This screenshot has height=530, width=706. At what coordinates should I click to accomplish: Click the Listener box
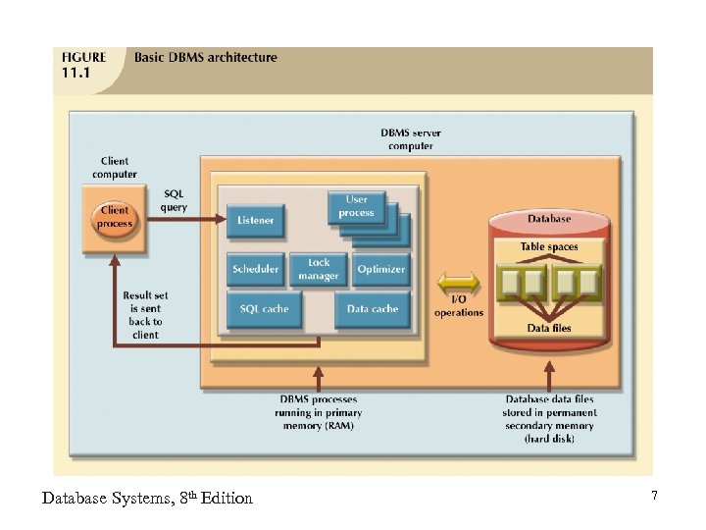tap(256, 220)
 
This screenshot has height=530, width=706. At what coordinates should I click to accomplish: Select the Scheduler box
tap(256, 269)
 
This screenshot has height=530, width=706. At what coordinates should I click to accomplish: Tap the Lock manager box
tap(319, 269)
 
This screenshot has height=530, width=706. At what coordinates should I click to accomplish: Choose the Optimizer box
tap(381, 269)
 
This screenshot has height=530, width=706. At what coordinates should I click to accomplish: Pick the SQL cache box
tap(264, 309)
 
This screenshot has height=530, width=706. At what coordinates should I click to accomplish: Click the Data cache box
tap(373, 309)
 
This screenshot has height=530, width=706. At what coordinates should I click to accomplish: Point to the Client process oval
tap(115, 217)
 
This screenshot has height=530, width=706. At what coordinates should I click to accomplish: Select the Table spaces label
tap(549, 247)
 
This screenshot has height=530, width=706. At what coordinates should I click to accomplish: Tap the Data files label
tap(549, 328)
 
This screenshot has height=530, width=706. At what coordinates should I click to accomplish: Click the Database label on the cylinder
tap(549, 218)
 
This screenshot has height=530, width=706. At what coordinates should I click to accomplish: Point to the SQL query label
tap(174, 200)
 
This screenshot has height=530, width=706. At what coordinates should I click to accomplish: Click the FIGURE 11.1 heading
tap(83, 64)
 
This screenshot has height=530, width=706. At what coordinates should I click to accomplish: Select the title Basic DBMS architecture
tap(206, 57)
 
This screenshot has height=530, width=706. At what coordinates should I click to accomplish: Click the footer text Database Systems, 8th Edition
tap(147, 499)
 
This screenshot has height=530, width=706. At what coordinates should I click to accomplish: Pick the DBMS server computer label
tap(410, 139)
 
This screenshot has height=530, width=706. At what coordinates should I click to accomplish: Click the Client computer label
tap(115, 168)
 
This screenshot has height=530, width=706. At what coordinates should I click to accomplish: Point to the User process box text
tap(357, 206)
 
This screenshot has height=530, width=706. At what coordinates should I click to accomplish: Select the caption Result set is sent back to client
tap(145, 315)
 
